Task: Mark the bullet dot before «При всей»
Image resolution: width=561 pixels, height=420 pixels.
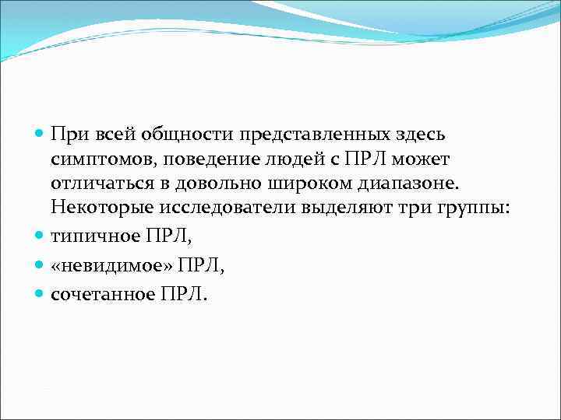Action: [41, 135]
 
